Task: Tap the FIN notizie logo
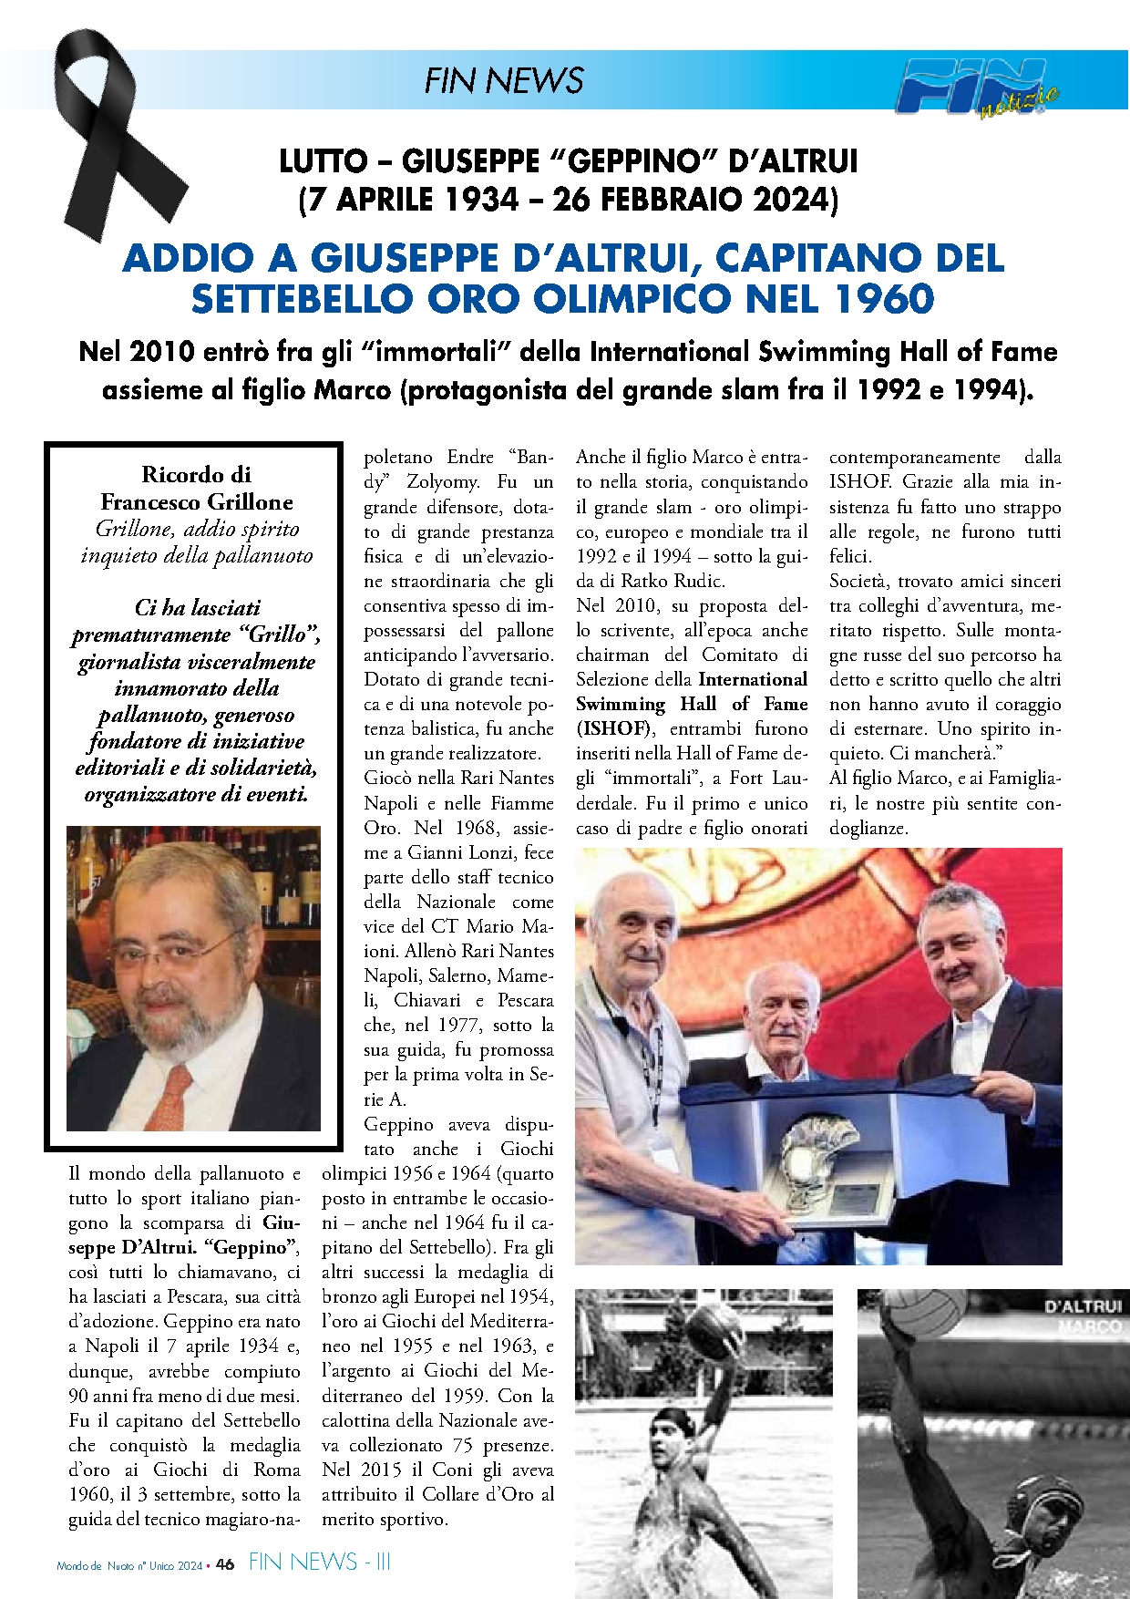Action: (x=975, y=88)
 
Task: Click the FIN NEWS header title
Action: (x=503, y=80)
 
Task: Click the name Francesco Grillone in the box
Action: (x=197, y=501)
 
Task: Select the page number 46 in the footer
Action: (x=225, y=1563)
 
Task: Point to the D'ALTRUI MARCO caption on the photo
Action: (x=1084, y=1315)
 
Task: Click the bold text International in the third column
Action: (x=753, y=679)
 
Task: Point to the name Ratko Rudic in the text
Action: (x=673, y=581)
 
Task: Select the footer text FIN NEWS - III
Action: (x=319, y=1563)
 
